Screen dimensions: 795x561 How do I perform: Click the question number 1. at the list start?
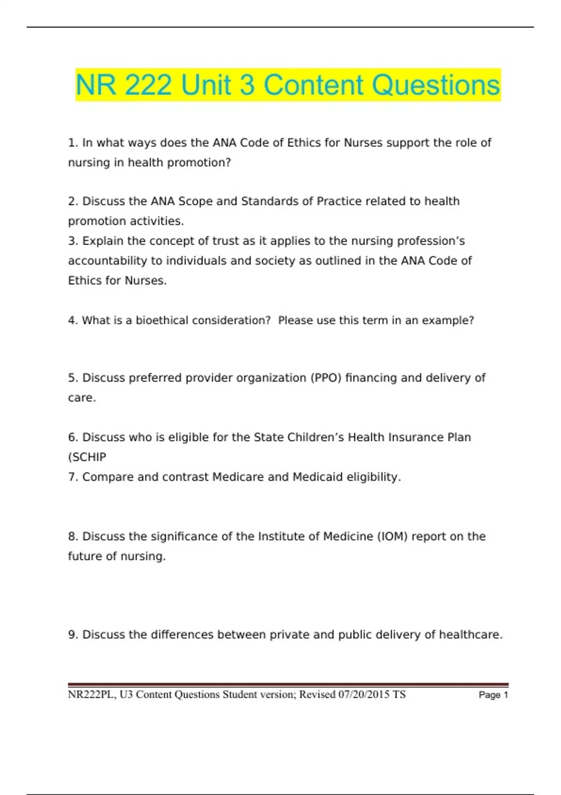pyautogui.click(x=73, y=143)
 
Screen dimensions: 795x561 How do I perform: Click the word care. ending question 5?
pyautogui.click(x=82, y=397)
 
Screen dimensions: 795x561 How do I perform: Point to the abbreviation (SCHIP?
pyautogui.click(x=87, y=457)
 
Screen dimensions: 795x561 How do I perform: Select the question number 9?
pyautogui.click(x=73, y=635)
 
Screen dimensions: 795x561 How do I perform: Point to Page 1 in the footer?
pyautogui.click(x=493, y=695)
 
